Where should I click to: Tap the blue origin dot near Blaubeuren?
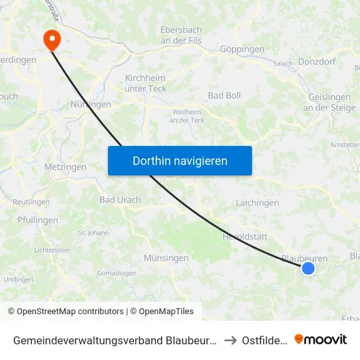[308, 268]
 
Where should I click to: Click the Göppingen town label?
[242, 49]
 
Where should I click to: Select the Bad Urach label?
[120, 200]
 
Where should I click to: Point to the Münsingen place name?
[166, 258]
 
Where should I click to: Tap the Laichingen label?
[257, 203]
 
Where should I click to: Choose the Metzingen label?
[65, 167]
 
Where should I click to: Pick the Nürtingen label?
[90, 104]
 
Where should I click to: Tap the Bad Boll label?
[225, 96]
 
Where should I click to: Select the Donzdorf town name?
[316, 60]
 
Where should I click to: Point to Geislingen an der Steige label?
[329, 102]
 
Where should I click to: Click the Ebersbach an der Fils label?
[181, 35]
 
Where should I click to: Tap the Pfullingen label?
[38, 220]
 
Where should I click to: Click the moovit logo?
[321, 339]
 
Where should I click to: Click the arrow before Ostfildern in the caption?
[230, 340]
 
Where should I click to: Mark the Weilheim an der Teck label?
[187, 115]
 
